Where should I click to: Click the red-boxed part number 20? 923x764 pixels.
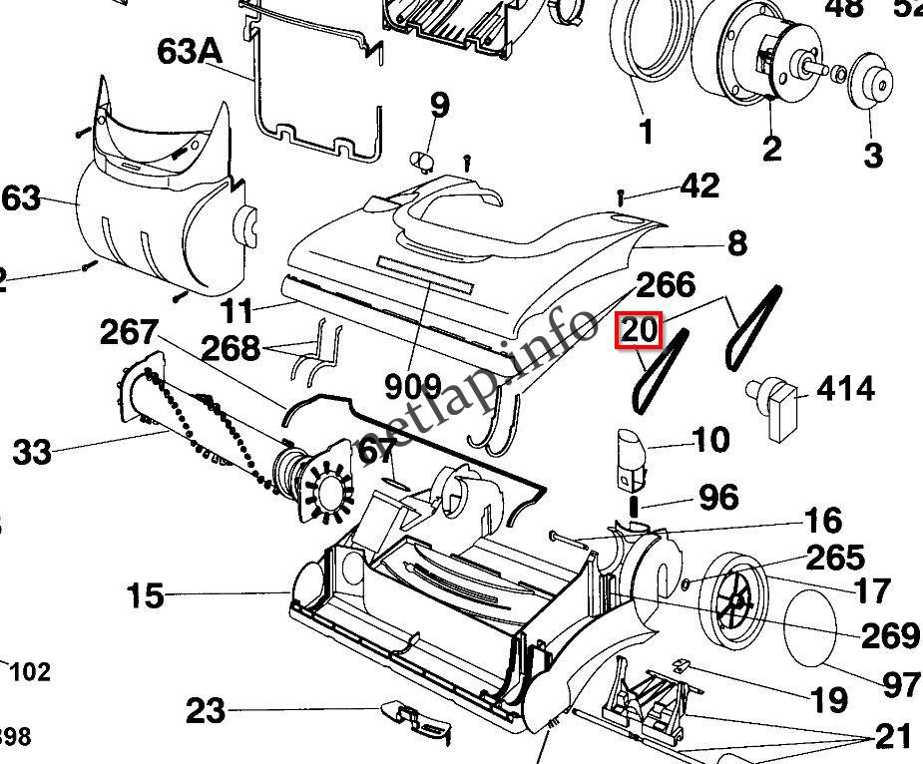(x=639, y=331)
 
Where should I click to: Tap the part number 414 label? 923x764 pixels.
(x=846, y=388)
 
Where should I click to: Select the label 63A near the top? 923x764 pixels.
(x=190, y=52)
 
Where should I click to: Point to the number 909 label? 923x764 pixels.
(x=413, y=384)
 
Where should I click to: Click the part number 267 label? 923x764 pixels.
(x=129, y=333)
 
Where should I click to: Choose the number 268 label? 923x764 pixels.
(x=231, y=348)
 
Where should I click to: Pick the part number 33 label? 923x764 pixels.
(x=32, y=453)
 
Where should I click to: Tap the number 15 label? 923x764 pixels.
(x=145, y=596)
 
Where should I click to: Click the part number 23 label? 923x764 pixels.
(x=206, y=712)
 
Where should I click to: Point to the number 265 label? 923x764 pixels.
(x=835, y=557)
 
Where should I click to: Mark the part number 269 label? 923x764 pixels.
(x=890, y=634)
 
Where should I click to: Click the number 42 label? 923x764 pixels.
(x=699, y=186)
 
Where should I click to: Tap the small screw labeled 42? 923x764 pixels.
(x=623, y=194)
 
